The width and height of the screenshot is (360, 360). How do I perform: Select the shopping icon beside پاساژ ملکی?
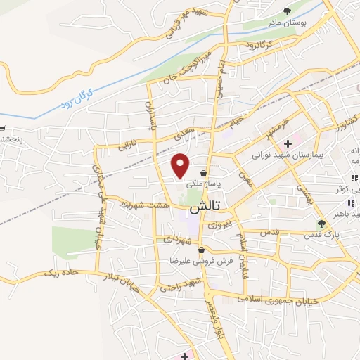point(203,172)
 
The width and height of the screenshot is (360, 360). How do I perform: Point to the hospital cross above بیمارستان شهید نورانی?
point(288,143)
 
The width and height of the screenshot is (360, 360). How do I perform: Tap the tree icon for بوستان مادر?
point(287,11)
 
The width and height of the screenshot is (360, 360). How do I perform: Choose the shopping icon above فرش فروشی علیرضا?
point(202,250)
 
